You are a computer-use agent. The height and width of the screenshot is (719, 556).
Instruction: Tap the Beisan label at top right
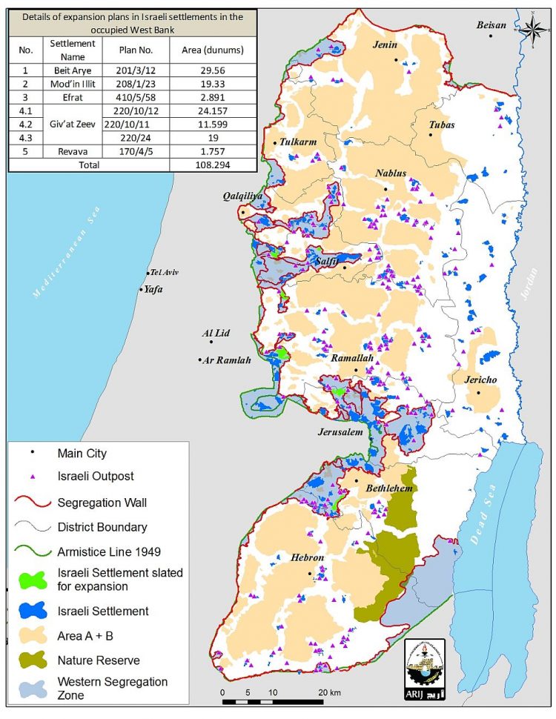tap(492, 25)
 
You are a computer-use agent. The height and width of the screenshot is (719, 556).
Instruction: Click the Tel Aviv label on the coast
tap(165, 272)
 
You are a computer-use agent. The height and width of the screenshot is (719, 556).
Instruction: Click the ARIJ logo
tap(424, 667)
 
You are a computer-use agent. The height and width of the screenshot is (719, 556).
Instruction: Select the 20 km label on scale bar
tap(331, 692)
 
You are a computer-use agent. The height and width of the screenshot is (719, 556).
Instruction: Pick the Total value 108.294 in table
tap(213, 165)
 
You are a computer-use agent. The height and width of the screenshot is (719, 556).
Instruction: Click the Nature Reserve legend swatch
tap(31, 660)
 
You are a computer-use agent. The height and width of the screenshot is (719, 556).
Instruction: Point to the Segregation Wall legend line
tap(31, 502)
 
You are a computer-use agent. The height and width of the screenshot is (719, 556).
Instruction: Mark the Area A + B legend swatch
tap(31, 635)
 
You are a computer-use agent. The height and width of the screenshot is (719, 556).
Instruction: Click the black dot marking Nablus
tap(385, 189)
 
